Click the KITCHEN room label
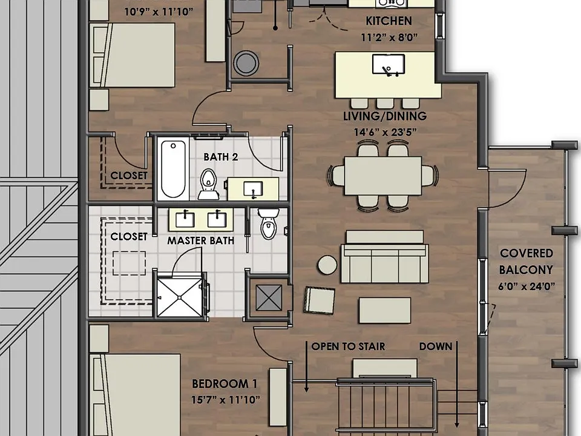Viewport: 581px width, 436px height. [x=389, y=21]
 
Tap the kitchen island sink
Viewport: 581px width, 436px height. [x=389, y=64]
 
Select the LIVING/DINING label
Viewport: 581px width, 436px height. [x=385, y=116]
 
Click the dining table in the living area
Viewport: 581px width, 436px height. [x=382, y=176]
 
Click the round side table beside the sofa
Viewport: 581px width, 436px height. [x=327, y=265]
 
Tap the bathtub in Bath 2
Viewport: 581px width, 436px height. [x=173, y=169]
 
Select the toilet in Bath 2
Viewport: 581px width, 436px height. [x=209, y=184]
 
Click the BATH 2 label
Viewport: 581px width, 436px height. [x=221, y=157]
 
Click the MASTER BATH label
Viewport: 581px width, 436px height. [x=201, y=240]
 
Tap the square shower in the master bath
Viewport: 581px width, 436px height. [x=180, y=297]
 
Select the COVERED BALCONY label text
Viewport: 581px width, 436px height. [x=526, y=262]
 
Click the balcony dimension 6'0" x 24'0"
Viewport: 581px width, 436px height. [x=527, y=286]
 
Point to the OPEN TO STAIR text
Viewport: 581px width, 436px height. [x=349, y=346]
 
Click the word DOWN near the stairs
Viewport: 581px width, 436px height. [x=436, y=346]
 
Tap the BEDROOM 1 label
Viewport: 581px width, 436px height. [x=225, y=384]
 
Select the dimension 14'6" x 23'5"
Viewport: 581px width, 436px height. [x=385, y=132]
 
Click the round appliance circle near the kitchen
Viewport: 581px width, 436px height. [x=246, y=63]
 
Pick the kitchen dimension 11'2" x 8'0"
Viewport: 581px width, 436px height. [x=389, y=38]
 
